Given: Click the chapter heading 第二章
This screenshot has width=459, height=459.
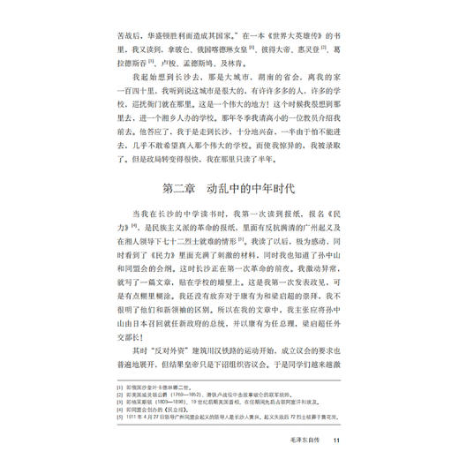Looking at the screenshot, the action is coord(167,190).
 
